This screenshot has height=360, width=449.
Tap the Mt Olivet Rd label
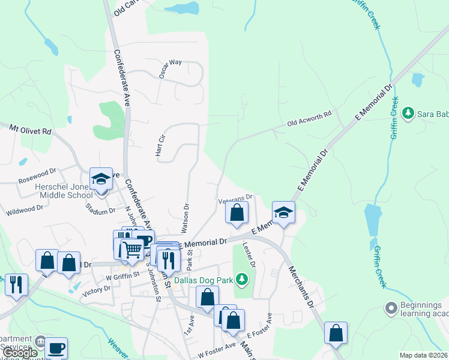(x=30, y=129)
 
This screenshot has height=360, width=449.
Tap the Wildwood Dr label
(x=24, y=210)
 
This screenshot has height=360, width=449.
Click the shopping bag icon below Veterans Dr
(x=237, y=212)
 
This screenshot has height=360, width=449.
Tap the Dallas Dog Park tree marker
(x=241, y=278)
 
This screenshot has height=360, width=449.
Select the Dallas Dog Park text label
(x=203, y=279)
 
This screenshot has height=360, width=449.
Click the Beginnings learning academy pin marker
(x=391, y=308)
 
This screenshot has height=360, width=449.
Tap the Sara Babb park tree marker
(x=408, y=112)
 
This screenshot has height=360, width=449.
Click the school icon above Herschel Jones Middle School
(x=101, y=178)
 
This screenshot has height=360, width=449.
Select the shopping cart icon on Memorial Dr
(x=132, y=250)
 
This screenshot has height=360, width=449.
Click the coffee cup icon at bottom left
(x=56, y=347)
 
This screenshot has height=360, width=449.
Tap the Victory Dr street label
(x=98, y=289)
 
